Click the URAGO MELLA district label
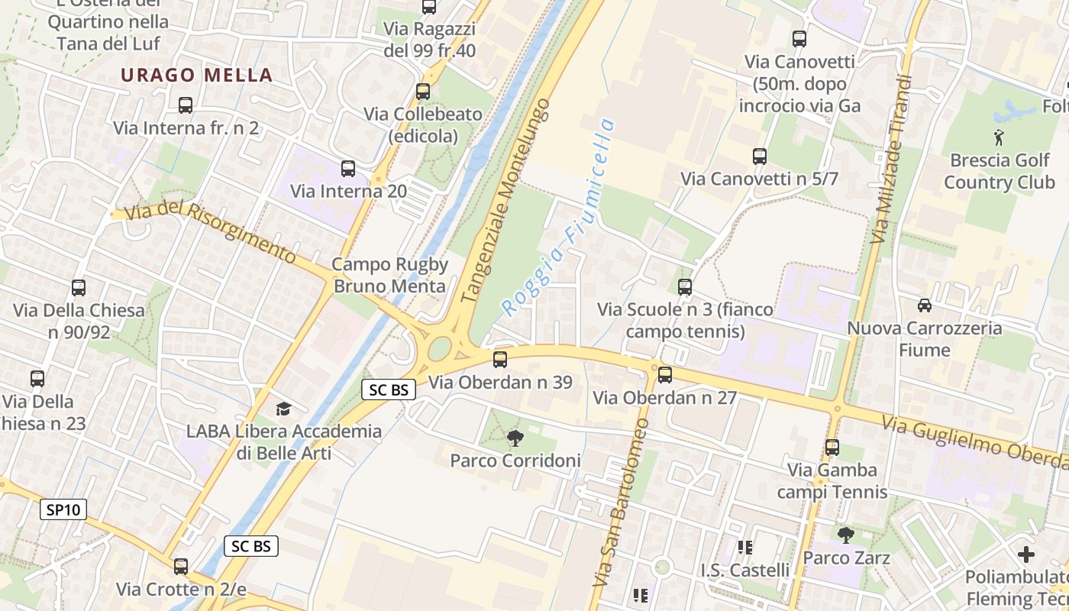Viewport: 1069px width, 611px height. pos(196,75)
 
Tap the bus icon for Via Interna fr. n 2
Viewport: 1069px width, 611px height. pos(186,105)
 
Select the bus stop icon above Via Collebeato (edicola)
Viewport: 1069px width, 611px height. pos(423,92)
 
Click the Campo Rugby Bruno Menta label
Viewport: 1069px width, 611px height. pos(390,275)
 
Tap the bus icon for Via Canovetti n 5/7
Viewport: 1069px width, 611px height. pos(760,157)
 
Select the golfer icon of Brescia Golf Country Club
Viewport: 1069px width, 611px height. pos(999,138)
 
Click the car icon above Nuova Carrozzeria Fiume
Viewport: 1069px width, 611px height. pos(925,305)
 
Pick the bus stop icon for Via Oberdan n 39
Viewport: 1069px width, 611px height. pos(500,359)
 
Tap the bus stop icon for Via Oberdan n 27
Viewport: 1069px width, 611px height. pos(665,375)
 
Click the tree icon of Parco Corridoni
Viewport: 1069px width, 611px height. pos(515,438)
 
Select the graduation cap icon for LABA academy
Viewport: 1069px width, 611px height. pos(283,409)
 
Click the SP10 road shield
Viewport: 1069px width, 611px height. pos(63,509)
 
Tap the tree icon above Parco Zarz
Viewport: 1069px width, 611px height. pos(845,535)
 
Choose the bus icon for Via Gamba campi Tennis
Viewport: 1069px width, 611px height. pos(832,448)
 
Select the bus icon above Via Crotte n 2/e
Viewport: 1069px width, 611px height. pos(181,567)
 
